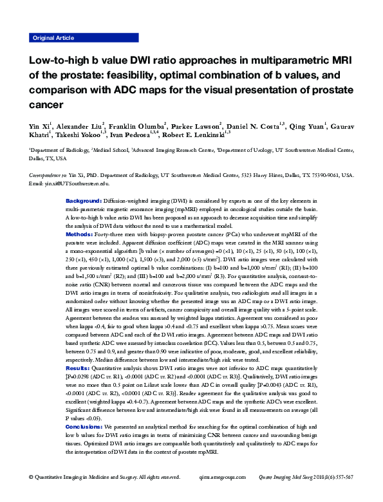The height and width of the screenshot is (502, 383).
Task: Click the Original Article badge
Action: coord(53,38)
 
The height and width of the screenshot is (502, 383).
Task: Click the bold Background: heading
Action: coord(84,201)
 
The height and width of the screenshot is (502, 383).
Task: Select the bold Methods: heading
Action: coord(80,235)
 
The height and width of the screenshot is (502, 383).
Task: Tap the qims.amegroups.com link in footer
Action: coord(223,494)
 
